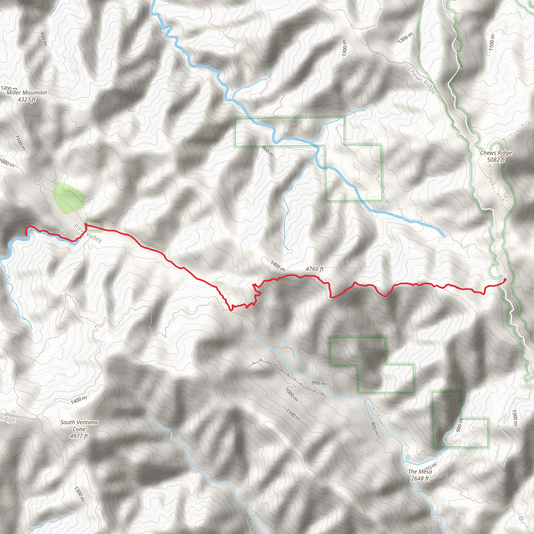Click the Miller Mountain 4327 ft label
(27, 96)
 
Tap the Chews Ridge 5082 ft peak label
(496, 156)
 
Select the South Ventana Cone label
(79, 429)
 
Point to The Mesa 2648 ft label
(420, 475)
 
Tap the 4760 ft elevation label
(314, 269)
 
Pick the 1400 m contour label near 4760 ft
(277, 266)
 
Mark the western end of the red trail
(27, 235)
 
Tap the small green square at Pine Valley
(94, 225)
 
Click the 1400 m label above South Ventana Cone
(79, 400)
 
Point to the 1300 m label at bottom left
(79, 494)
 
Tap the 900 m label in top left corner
(43, 39)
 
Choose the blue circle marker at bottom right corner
(521, 518)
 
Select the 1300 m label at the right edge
(514, 418)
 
